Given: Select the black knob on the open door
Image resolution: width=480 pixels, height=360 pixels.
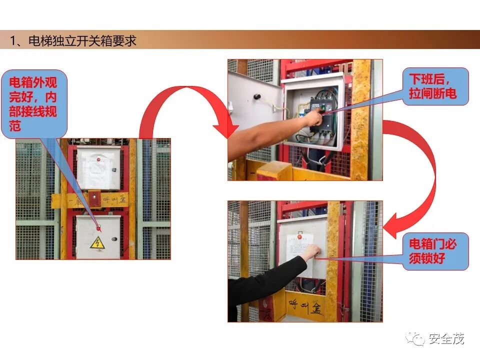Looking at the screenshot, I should tap(257, 96).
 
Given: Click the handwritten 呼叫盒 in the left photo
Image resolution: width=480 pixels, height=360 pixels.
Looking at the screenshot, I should tap(115, 200).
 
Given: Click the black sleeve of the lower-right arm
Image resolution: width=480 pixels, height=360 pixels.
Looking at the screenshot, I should tap(260, 285).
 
